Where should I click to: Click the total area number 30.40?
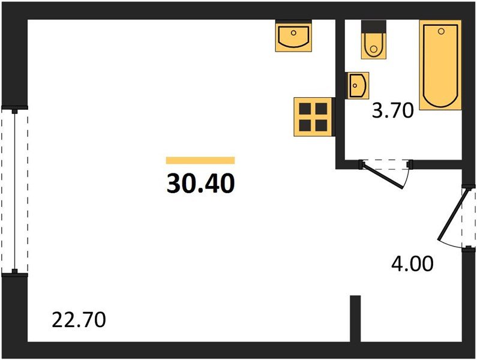[x=201, y=184]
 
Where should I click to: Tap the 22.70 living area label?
[x=79, y=320]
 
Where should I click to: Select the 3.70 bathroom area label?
[x=393, y=110]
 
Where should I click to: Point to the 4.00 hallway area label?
[x=412, y=263]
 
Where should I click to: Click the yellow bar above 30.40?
[x=200, y=160]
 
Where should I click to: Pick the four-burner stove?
[x=313, y=117]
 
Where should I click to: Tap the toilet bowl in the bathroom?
[x=374, y=46]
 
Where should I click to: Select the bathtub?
[x=440, y=65]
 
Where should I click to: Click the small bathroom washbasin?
[x=357, y=86]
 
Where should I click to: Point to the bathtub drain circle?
[x=441, y=31]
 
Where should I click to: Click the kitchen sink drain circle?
[x=293, y=32]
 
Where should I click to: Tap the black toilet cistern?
[x=374, y=26]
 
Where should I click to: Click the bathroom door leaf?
[x=383, y=176]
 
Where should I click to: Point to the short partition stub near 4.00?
[x=355, y=319]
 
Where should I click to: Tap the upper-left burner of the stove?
[x=305, y=109]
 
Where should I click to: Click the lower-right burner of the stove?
[x=321, y=125]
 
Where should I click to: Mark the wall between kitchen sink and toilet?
[x=340, y=94]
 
